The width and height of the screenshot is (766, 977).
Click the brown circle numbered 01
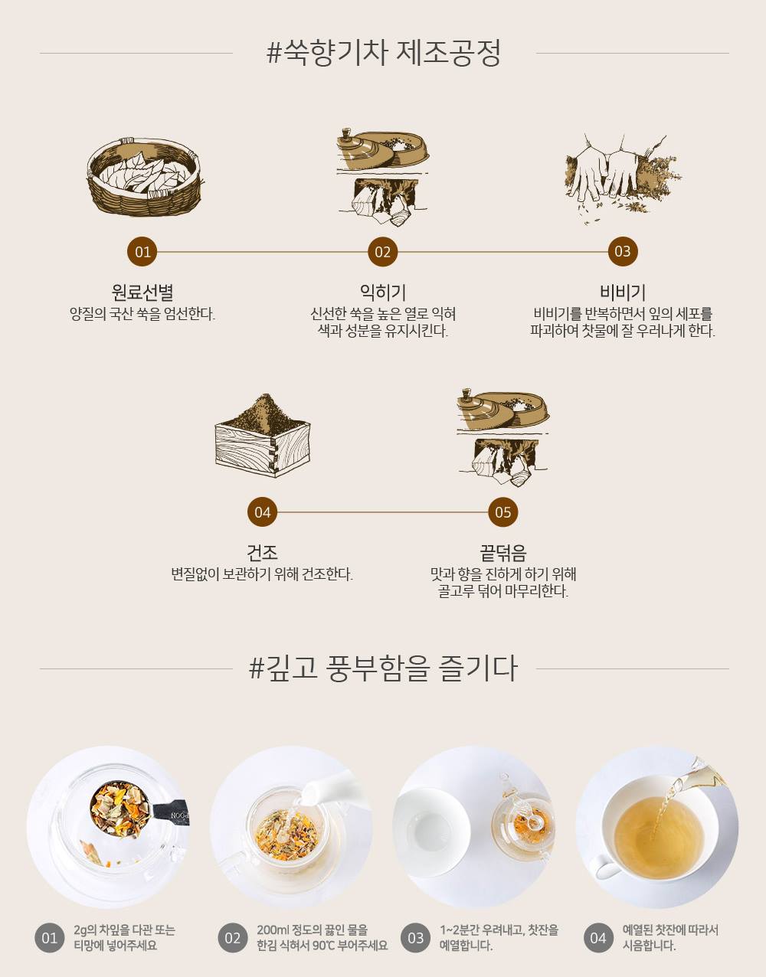click(x=142, y=251)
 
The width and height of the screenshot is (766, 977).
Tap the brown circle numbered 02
click(x=382, y=251)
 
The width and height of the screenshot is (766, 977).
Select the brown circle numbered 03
click(x=623, y=251)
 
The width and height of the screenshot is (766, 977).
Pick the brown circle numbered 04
click(x=262, y=511)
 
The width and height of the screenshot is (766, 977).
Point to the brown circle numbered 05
click(x=502, y=511)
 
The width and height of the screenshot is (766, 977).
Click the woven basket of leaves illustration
click(x=143, y=176)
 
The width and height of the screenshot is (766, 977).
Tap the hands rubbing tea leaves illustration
click(x=623, y=179)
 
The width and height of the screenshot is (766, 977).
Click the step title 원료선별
click(x=142, y=292)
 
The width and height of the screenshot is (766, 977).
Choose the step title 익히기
click(x=383, y=292)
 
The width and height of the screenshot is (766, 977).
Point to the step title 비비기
click(x=623, y=292)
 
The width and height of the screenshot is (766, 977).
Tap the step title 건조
click(x=262, y=553)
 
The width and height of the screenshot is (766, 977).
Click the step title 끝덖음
click(x=502, y=553)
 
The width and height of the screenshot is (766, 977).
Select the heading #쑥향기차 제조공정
click(x=383, y=53)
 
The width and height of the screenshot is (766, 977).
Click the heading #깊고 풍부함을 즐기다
click(x=383, y=668)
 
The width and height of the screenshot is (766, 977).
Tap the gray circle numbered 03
click(x=415, y=938)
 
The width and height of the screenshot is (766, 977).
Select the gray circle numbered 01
click(x=49, y=938)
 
